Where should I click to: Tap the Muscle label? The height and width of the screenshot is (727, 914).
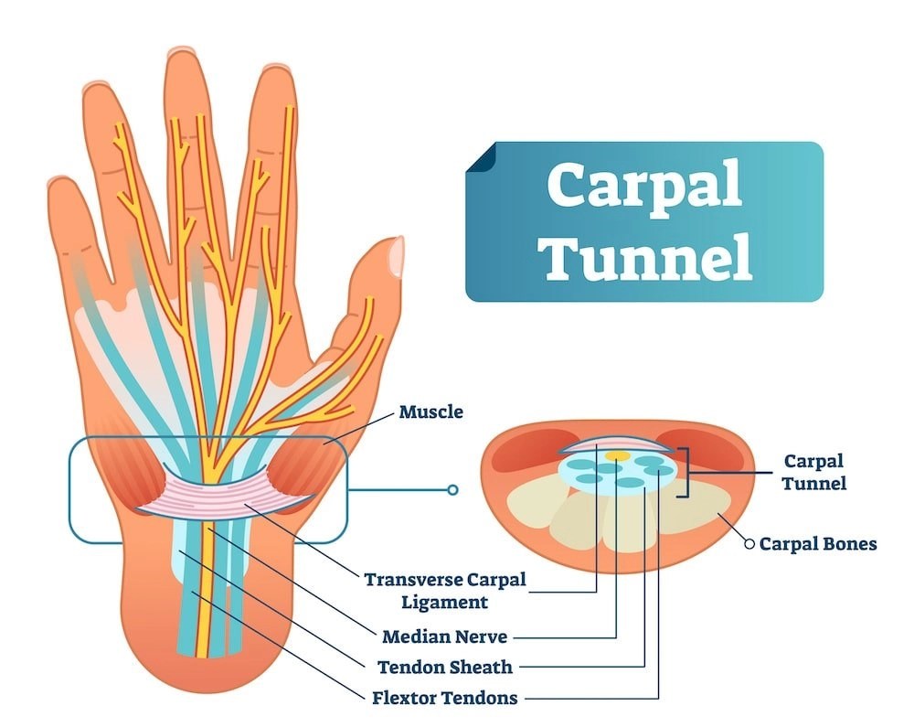pos(430,412)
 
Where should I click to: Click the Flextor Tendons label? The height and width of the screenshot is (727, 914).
pos(445,698)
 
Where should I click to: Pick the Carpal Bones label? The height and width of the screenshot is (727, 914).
pos(818,544)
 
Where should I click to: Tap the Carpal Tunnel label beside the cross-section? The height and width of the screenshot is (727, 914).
pos(813,472)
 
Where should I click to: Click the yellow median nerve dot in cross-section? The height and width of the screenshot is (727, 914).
pos(617,454)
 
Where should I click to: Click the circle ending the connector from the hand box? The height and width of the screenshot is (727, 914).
pos(452,490)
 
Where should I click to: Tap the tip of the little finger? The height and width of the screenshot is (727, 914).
pos(64,187)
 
